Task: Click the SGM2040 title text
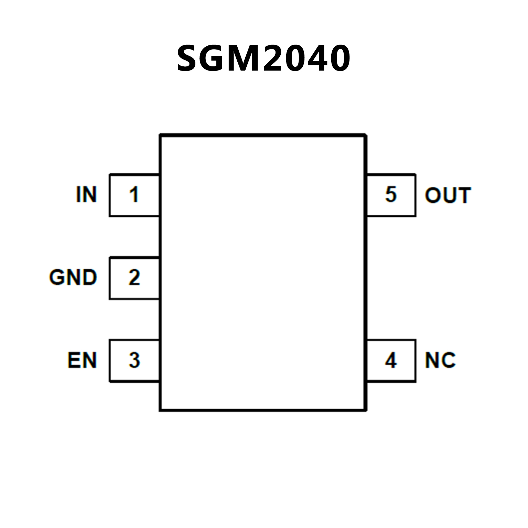[x=263, y=58]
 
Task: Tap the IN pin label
[x=86, y=195]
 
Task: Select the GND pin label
[x=73, y=278]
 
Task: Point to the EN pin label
[x=82, y=360]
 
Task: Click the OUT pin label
[x=448, y=195]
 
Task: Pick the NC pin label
[x=440, y=360]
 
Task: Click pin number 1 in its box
[x=134, y=195]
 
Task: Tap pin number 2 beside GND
[x=134, y=278]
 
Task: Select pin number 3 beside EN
[x=134, y=360]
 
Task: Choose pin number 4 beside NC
[x=391, y=360]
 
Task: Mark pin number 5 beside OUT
[x=391, y=194]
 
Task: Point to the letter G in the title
[x=216, y=59]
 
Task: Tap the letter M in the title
[x=248, y=59]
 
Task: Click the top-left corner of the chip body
[x=160, y=135]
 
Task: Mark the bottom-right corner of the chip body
[x=366, y=410]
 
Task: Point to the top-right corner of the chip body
[x=366, y=135]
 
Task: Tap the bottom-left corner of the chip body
[x=160, y=410]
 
